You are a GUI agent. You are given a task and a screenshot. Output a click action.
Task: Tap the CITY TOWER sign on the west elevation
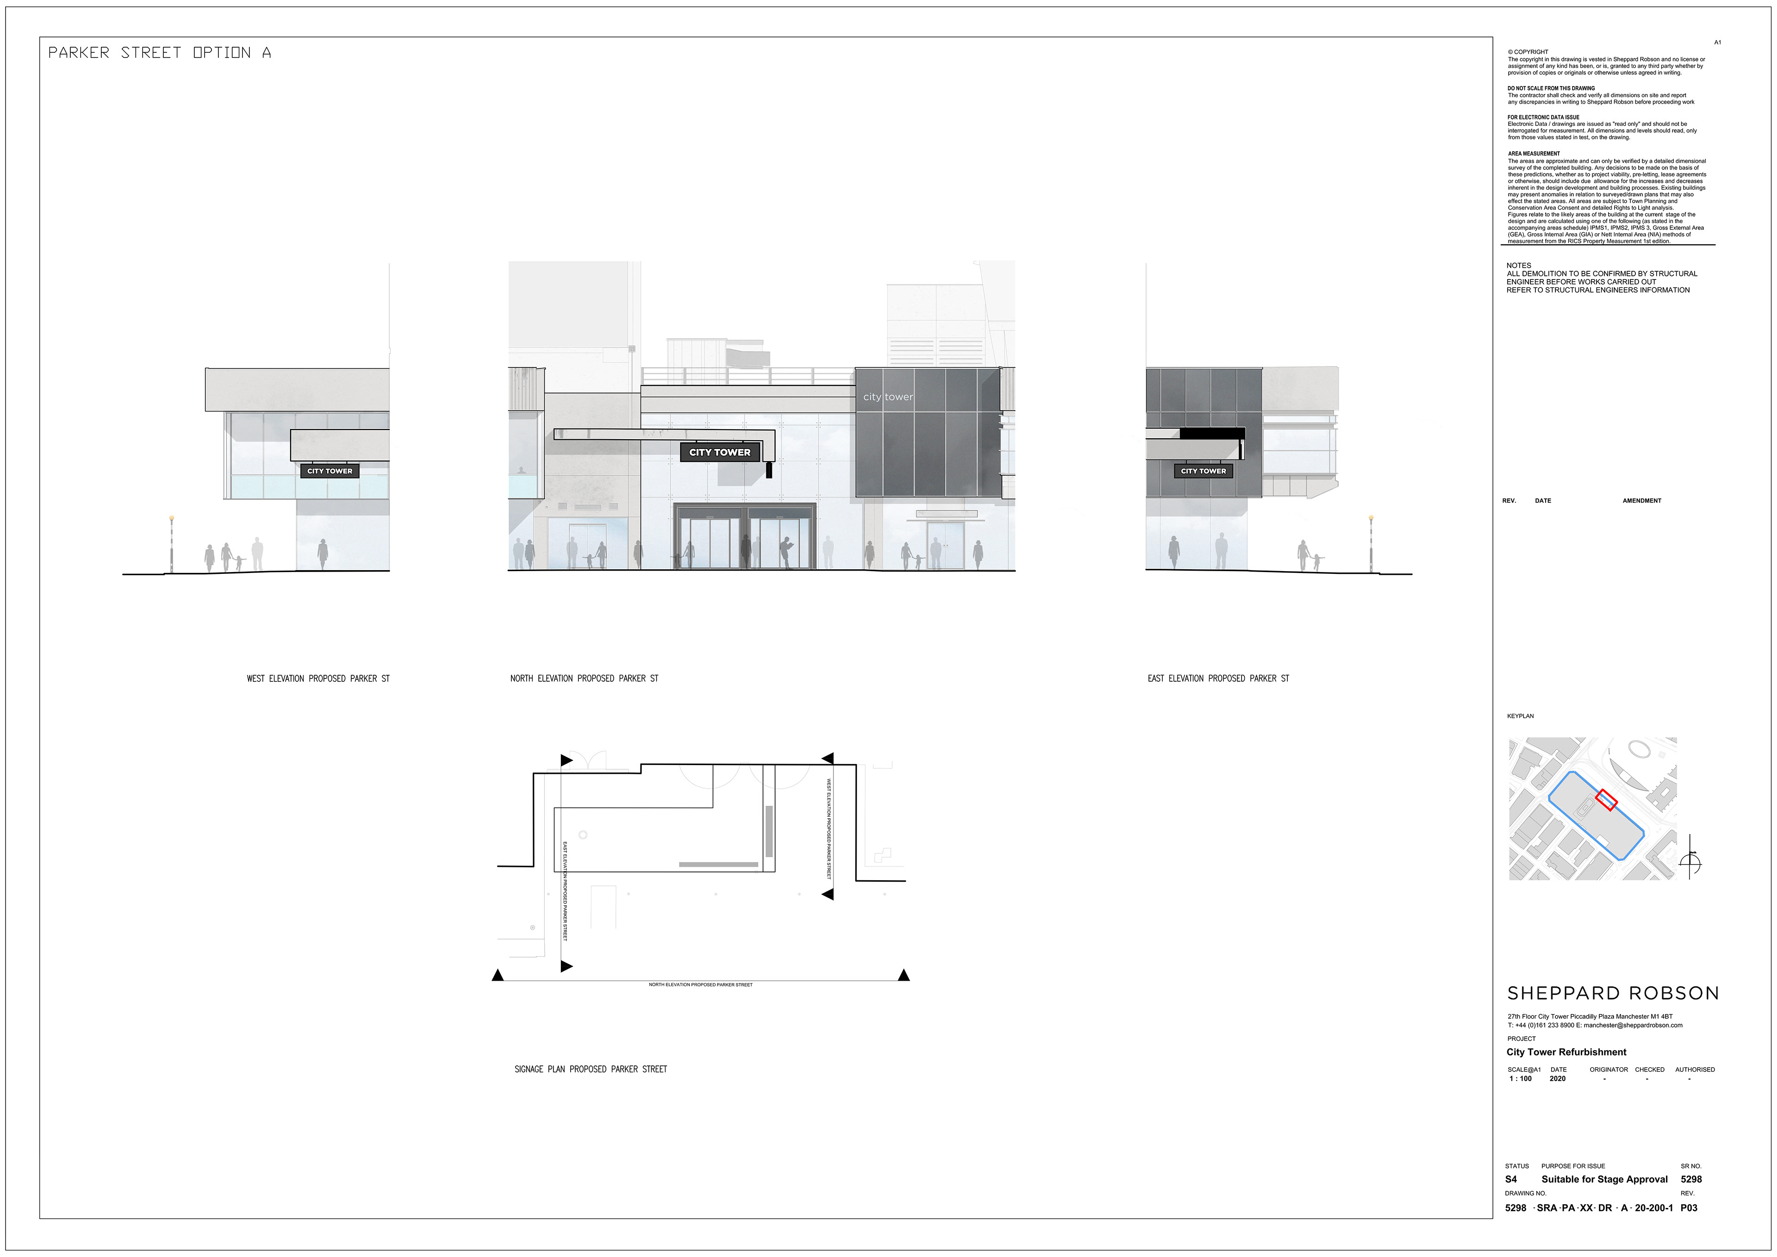point(329,471)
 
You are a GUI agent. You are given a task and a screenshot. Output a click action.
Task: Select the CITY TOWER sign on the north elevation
point(720,452)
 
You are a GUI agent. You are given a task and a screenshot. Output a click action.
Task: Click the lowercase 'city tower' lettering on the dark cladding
point(888,397)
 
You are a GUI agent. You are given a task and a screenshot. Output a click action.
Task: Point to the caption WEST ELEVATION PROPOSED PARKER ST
point(318,679)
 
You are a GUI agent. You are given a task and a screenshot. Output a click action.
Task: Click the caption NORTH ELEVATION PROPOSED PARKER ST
point(584,679)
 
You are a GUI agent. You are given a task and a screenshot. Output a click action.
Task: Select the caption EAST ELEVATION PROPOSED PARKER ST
point(1218,679)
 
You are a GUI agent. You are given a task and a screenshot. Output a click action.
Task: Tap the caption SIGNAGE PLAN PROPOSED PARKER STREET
point(590,1069)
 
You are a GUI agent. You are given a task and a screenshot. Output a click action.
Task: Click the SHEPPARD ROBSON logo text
point(1613,993)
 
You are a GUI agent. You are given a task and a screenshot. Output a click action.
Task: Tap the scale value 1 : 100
point(1520,1078)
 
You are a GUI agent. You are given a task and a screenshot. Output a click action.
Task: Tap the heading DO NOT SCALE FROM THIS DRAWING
point(1551,88)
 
